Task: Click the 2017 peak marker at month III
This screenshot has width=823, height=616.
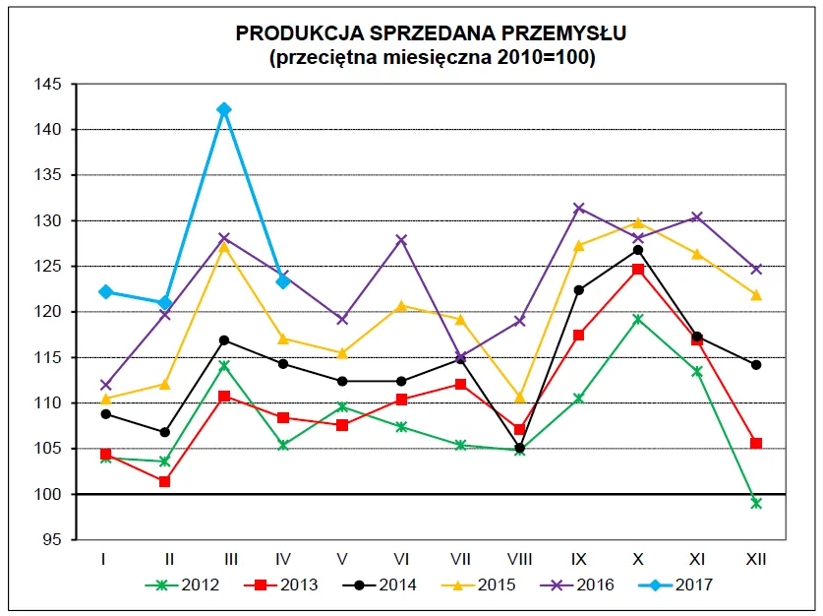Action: (x=224, y=109)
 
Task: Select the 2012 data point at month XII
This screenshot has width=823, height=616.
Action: (x=756, y=503)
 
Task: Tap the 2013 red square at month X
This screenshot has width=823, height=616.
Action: (x=638, y=269)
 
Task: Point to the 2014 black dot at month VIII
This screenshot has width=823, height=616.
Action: (x=520, y=448)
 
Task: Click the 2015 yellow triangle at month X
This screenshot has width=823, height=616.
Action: (x=638, y=222)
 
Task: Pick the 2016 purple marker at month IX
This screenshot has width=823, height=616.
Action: (x=579, y=208)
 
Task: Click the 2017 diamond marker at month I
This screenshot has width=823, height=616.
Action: (x=105, y=292)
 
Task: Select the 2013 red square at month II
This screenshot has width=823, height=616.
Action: (x=164, y=481)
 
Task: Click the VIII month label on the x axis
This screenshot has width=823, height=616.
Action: (x=520, y=559)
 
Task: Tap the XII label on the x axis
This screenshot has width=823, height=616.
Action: (x=756, y=559)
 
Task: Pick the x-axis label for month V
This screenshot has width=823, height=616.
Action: (x=342, y=559)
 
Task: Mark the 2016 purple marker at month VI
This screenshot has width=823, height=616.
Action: (x=401, y=239)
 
